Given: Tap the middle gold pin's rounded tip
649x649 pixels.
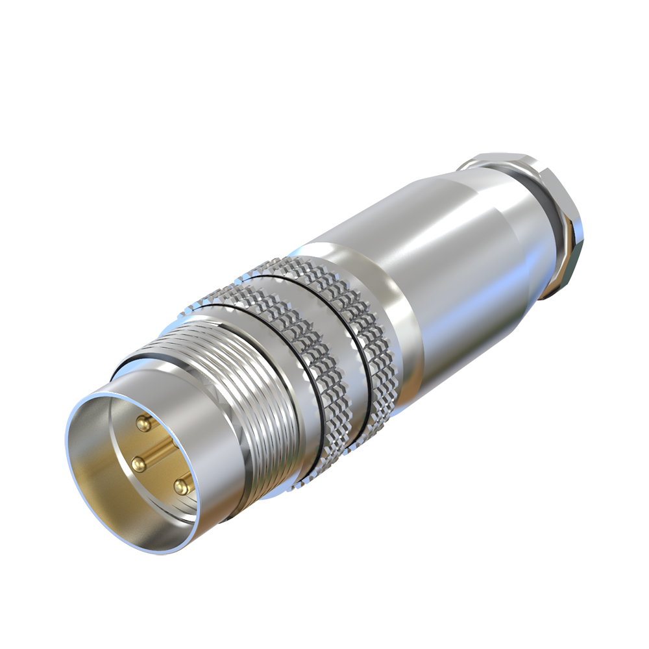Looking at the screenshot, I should click(138, 463).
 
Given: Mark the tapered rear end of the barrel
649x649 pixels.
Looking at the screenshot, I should click(519, 214).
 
